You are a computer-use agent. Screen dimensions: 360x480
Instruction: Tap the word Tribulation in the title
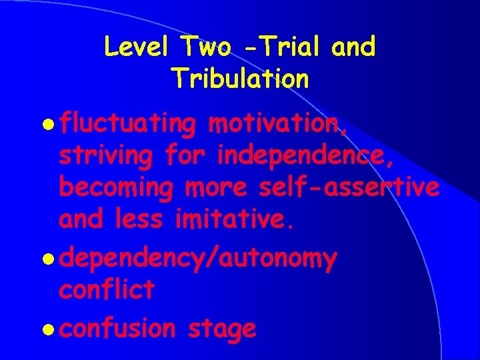click(240, 79)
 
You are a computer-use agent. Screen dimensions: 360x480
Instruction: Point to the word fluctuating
click(127, 124)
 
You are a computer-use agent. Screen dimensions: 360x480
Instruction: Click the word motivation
click(277, 124)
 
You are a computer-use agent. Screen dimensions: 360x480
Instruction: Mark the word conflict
click(107, 289)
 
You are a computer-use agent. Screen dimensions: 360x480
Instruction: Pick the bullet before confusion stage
click(50, 329)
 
